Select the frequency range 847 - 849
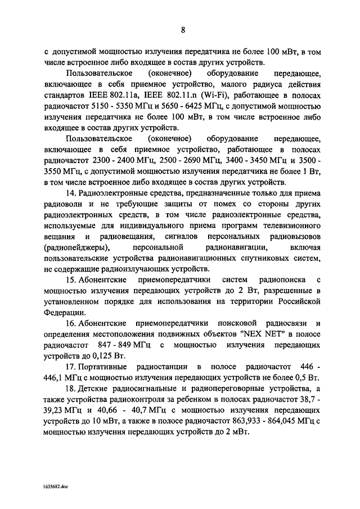pos(121,345)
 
